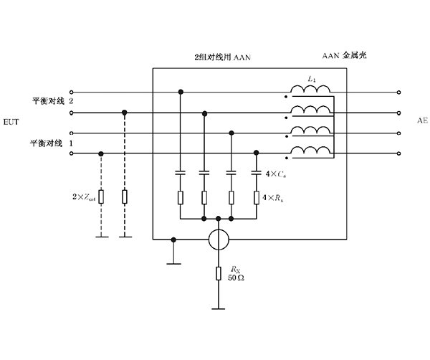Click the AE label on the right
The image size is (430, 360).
click(421, 123)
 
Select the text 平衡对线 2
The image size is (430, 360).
click(52, 102)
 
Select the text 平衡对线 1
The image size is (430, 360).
click(52, 143)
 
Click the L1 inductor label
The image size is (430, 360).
click(311, 77)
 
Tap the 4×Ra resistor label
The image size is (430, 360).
click(276, 196)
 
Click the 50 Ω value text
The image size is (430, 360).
click(236, 277)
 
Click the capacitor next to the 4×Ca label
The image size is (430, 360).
click(257, 173)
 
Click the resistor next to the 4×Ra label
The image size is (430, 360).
click(257, 196)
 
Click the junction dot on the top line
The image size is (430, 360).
click(180, 92)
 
